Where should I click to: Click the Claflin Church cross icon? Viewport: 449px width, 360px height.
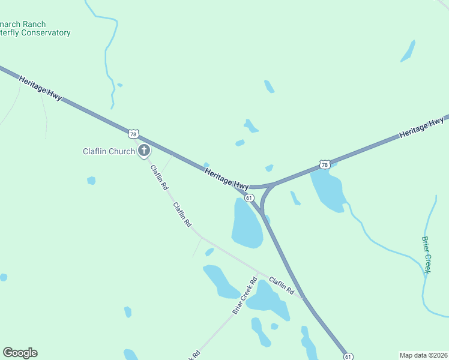tap(144, 151)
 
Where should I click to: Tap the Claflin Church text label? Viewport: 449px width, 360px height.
tap(109, 151)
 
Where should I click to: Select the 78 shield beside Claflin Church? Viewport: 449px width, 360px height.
tap(133, 134)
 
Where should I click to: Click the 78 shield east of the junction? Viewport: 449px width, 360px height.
tap(325, 164)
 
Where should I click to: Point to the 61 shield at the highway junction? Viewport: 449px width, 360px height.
tap(249, 197)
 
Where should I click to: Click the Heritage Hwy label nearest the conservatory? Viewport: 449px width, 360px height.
tap(40, 88)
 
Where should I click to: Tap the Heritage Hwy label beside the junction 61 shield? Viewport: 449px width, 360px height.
tap(226, 179)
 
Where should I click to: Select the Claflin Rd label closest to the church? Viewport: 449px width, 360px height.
tap(159, 178)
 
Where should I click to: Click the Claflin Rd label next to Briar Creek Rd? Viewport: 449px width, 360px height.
tap(282, 285)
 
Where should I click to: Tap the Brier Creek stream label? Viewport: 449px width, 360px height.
tap(426, 255)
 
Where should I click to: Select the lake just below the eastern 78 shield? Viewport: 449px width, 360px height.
tap(327, 189)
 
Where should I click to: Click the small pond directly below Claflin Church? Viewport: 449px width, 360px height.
tap(91, 180)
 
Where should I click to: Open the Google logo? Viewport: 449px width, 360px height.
tap(20, 353)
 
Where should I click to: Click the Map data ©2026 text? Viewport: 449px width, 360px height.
tap(423, 355)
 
